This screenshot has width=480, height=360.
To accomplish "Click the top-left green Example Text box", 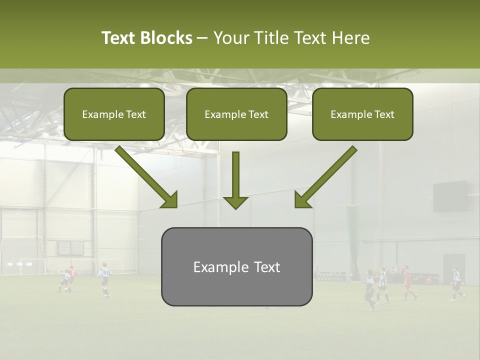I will pos(114,114).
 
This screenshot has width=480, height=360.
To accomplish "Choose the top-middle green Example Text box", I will pos(236,114).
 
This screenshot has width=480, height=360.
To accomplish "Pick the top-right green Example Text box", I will pos(362,114).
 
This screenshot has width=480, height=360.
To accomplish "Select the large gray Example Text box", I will pos(236,267).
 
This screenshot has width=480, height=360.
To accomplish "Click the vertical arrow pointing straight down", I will pos(235,180).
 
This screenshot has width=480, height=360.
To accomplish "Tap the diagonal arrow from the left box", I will pos(146,177).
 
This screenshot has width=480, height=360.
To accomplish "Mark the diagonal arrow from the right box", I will pos(325,177).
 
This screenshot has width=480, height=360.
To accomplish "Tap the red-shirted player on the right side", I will pos(407,283).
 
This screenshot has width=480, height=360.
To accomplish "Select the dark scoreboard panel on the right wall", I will pos(450,196).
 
